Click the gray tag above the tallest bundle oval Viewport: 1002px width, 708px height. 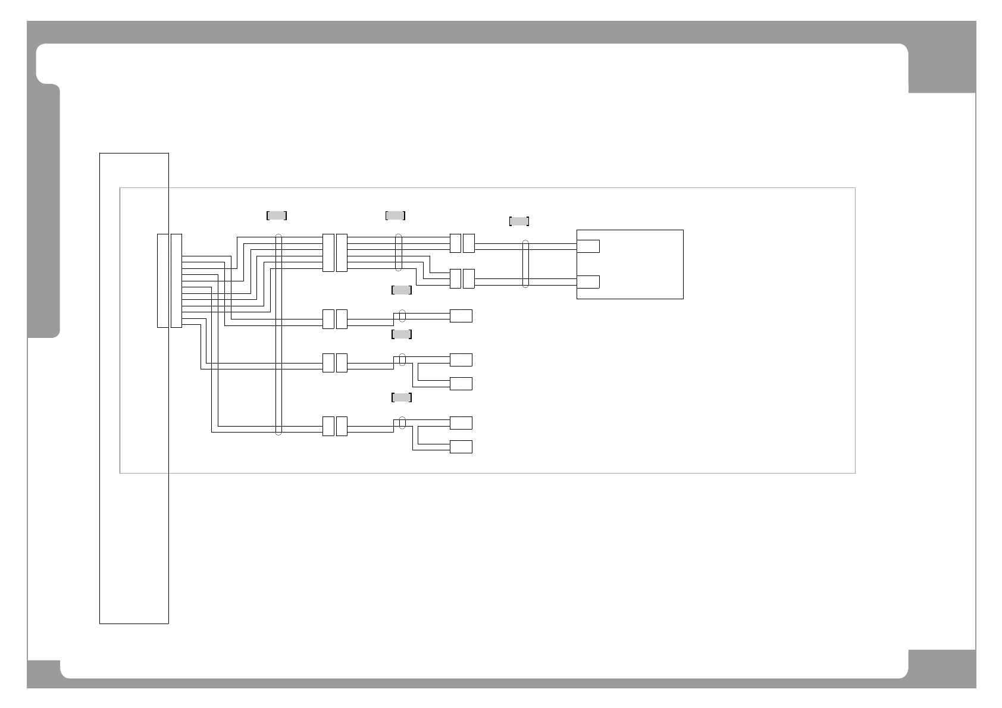tap(277, 215)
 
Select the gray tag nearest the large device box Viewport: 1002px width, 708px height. tap(519, 221)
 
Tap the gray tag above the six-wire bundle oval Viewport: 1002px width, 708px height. tap(396, 215)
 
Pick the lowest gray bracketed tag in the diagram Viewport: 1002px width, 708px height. tap(402, 397)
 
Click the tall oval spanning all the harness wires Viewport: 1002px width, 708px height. tap(278, 335)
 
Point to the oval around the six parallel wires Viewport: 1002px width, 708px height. tap(398, 253)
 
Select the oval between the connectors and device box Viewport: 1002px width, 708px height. tap(525, 264)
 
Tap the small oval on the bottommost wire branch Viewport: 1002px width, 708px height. tap(402, 422)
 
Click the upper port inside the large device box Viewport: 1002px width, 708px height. tap(588, 246)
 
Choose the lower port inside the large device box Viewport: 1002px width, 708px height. tap(588, 282)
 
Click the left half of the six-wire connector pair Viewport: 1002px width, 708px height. tap(328, 253)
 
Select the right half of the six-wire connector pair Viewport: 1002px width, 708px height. tap(342, 253)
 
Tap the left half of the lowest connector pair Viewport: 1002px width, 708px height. tap(328, 426)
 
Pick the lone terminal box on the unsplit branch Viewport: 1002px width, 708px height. tap(461, 316)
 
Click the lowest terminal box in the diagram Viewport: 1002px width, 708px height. tap(461, 447)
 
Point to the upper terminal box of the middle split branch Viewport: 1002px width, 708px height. tap(461, 359)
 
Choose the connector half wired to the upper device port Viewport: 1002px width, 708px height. tap(469, 243)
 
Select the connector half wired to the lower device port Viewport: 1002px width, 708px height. tap(469, 278)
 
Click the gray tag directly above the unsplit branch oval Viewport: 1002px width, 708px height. tap(402, 290)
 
